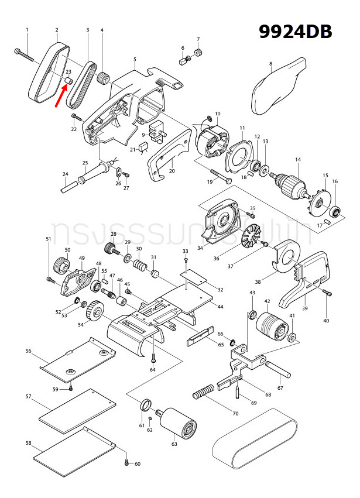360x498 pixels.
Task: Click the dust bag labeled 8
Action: pos(279,88)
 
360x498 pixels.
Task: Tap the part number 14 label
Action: pos(297,160)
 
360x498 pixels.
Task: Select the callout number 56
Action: pos(28,351)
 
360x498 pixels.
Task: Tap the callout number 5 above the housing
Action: pos(135,60)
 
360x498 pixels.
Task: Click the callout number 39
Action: pos(304,308)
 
